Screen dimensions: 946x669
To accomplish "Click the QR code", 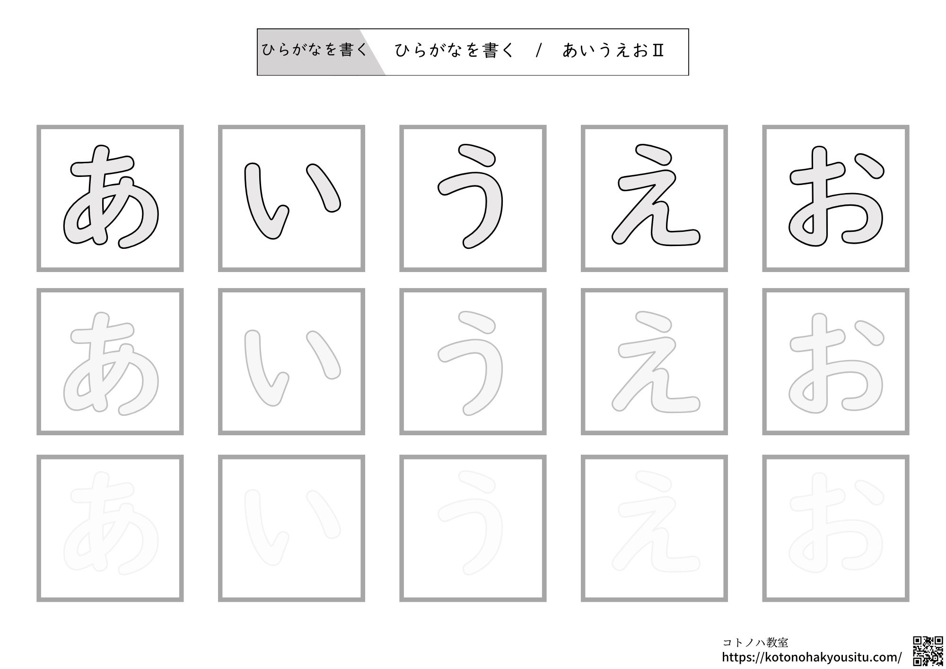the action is (x=927, y=651).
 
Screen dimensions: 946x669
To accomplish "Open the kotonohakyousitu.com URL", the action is (x=812, y=657).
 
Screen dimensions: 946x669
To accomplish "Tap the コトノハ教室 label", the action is (x=755, y=643).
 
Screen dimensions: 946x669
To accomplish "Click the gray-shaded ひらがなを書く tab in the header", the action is (x=314, y=50).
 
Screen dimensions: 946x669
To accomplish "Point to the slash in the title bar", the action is (x=538, y=51).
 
